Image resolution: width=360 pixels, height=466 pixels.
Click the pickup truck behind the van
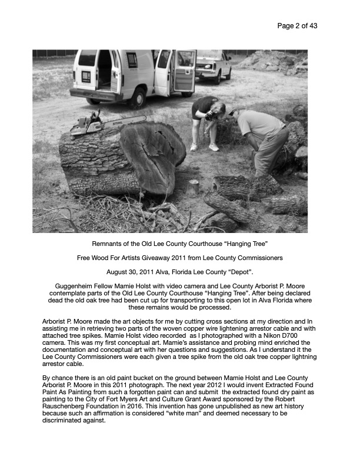click(212, 66)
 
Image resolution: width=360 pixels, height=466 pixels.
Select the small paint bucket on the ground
click(192, 187)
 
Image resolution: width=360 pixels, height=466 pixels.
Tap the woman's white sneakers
click(204, 147)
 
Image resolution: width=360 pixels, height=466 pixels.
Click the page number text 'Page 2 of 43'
click(297, 26)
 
